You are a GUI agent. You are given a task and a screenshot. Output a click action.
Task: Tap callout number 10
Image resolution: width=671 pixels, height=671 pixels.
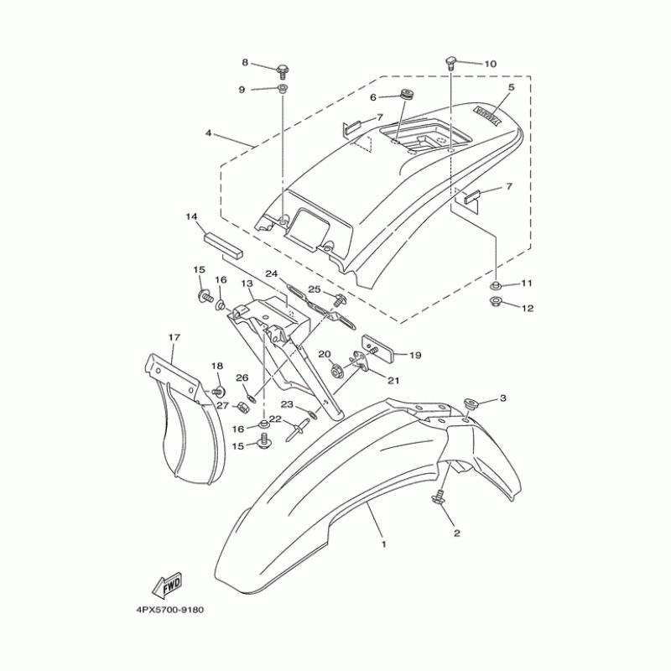[490, 64]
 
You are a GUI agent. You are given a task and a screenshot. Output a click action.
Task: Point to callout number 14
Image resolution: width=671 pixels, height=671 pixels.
[191, 217]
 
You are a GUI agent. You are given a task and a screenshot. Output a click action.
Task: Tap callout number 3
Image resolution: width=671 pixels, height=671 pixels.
[504, 398]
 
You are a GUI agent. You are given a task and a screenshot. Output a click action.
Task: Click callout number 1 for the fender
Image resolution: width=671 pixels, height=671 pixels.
[382, 544]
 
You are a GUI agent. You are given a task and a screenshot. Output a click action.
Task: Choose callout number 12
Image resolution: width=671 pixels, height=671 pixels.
[528, 308]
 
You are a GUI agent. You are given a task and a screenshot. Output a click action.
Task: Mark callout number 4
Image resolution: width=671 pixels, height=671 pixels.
[207, 133]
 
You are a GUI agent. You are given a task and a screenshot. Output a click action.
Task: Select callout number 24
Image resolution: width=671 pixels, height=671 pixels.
[272, 273]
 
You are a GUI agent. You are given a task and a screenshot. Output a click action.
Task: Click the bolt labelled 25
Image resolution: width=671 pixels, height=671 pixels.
[340, 299]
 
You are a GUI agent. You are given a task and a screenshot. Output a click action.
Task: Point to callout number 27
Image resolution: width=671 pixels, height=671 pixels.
[223, 406]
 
